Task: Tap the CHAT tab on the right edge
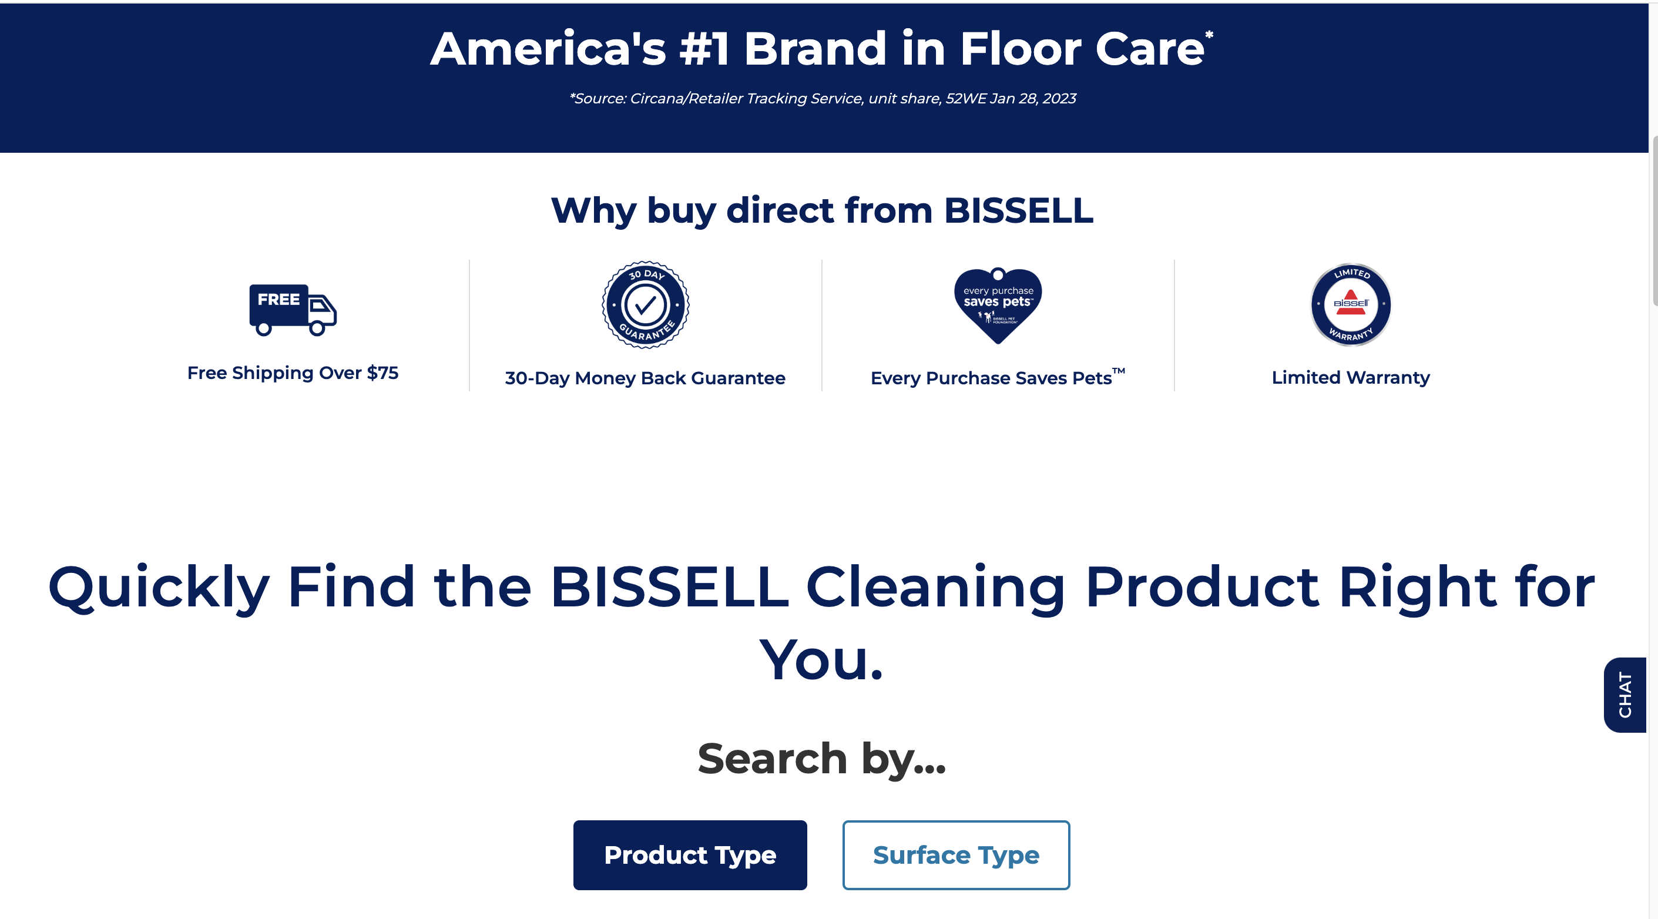click(x=1625, y=695)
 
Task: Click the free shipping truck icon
click(x=293, y=310)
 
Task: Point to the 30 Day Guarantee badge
click(x=646, y=304)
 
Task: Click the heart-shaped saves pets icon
click(x=998, y=305)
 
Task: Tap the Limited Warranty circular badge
click(x=1351, y=304)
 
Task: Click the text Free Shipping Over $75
click(x=293, y=373)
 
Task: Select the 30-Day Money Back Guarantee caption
click(x=645, y=378)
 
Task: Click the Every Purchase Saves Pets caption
click(x=998, y=377)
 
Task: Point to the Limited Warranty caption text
click(x=1351, y=377)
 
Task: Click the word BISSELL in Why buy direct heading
click(x=1019, y=210)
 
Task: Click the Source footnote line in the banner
click(x=823, y=99)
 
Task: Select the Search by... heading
click(x=822, y=759)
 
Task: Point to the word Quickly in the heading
click(x=159, y=588)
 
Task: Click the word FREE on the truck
click(x=278, y=299)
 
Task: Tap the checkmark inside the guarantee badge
click(x=646, y=305)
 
